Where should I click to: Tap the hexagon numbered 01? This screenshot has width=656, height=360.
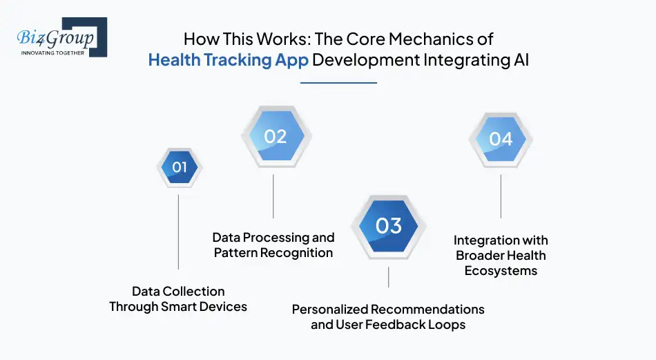click(179, 167)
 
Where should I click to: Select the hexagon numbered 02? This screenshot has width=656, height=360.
click(275, 137)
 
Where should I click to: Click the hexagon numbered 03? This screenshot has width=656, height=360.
click(389, 226)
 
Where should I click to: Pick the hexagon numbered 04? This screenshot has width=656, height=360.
click(501, 139)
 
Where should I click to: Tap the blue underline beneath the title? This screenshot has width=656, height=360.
click(338, 83)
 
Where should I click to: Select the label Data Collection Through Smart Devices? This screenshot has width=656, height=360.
click(178, 299)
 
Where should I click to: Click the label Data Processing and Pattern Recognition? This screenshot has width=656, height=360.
click(273, 245)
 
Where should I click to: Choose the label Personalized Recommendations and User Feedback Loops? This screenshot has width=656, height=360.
click(388, 316)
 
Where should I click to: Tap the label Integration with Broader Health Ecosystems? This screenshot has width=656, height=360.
click(501, 255)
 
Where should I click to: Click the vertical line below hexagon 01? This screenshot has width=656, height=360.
click(179, 231)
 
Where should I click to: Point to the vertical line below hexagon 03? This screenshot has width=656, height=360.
click(389, 277)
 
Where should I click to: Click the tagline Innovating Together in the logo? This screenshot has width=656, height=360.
click(52, 53)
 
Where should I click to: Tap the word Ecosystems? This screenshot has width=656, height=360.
click(501, 270)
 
